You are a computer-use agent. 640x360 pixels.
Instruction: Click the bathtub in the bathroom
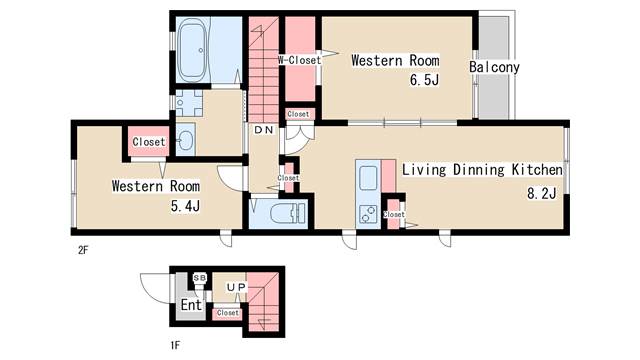coord(193,50)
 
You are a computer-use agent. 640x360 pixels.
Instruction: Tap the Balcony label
coord(494,67)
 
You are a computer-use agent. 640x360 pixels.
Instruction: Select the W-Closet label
coord(300,60)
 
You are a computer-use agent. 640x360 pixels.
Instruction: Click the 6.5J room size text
coord(424,80)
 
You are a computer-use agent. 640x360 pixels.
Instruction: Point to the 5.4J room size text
coord(185,206)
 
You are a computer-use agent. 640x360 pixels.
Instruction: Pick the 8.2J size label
coord(542,193)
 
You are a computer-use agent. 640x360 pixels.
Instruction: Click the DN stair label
coord(264,130)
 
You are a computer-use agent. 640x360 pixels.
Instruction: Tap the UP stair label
coord(236,287)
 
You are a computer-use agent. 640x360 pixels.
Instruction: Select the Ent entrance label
coord(191,304)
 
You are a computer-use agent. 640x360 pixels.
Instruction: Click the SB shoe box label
coord(200,278)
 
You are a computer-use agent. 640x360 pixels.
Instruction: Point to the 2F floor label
coord(83,250)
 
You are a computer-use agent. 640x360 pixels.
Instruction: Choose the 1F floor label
coord(175,345)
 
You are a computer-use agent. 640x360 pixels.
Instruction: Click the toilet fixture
coord(287,213)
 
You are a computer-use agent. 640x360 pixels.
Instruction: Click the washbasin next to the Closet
coord(186,140)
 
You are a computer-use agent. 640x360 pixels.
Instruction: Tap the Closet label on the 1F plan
coord(227,313)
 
